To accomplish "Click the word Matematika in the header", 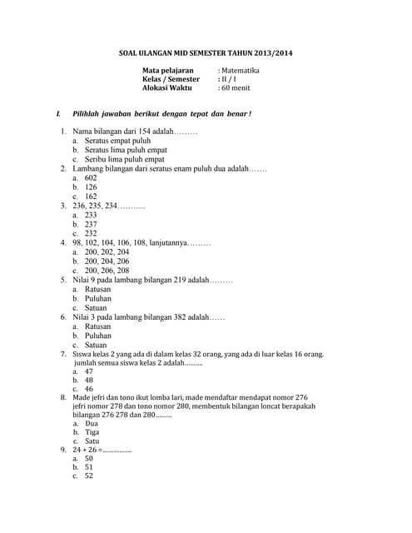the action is (x=241, y=71).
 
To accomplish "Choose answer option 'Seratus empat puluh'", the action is (x=118, y=141).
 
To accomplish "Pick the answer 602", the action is (x=92, y=178).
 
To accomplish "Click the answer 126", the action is (x=92, y=187).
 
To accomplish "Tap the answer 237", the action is (x=92, y=224).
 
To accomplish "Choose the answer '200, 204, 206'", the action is (x=107, y=262).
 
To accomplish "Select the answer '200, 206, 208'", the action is (x=107, y=271).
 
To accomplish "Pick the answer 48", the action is (x=89, y=380).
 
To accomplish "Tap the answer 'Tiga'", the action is (x=92, y=432).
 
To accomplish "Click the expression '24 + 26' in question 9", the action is (x=85, y=450).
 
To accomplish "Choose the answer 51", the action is (x=89, y=467).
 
